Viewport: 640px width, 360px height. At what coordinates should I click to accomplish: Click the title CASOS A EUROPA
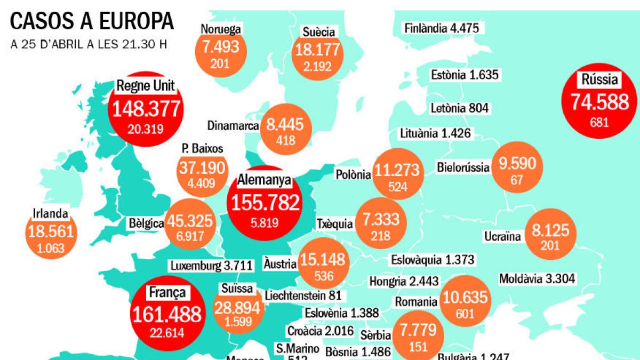point(92,21)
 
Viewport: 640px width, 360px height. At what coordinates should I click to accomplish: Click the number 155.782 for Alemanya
point(264,204)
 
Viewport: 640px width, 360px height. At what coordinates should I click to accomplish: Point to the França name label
point(167,292)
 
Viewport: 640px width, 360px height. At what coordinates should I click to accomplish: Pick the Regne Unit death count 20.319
point(146,129)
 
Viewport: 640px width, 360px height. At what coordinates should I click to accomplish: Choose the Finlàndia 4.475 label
point(442,28)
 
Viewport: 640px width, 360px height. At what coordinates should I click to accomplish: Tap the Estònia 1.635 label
point(465,75)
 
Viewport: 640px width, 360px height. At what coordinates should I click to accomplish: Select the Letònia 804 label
point(459,108)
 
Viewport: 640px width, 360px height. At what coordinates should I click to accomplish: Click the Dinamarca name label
point(234,126)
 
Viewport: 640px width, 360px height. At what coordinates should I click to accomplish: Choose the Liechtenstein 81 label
point(302,295)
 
